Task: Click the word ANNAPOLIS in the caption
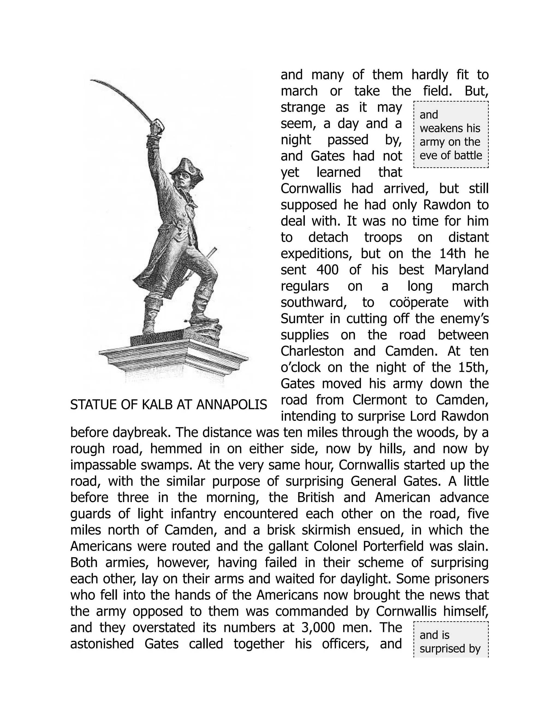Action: click(231, 405)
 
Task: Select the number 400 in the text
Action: click(327, 270)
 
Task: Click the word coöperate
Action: click(419, 302)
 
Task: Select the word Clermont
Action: click(379, 400)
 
